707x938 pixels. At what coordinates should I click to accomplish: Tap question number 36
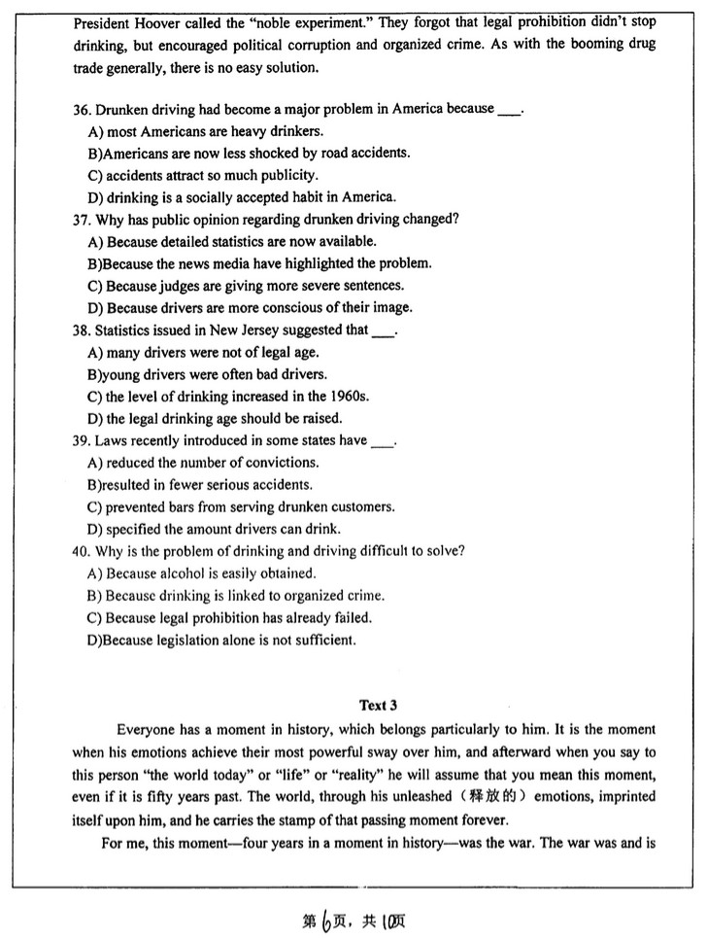82,109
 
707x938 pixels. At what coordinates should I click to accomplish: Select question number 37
82,220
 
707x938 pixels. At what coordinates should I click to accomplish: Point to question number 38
82,330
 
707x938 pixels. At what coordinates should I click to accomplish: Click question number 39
82,440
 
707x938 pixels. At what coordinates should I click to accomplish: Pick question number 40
82,551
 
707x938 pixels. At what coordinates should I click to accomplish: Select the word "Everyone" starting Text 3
145,730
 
